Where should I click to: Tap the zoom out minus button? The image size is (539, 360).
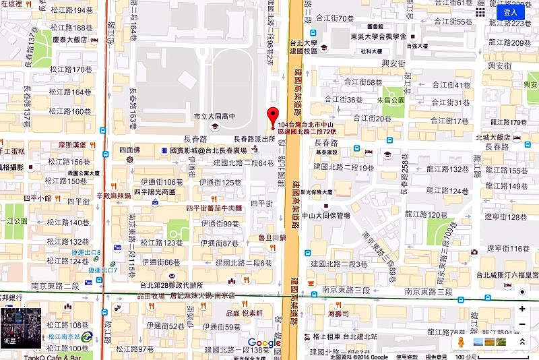(522, 325)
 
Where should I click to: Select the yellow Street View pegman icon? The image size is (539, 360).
(461, 342)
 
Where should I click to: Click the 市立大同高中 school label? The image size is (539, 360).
(214, 117)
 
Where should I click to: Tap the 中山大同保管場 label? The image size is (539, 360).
(326, 216)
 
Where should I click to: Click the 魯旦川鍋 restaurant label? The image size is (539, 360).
(272, 238)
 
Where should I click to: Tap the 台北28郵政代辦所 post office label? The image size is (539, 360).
(171, 284)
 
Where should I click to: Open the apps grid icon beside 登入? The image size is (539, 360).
(480, 11)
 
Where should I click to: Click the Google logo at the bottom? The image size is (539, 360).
(264, 343)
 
